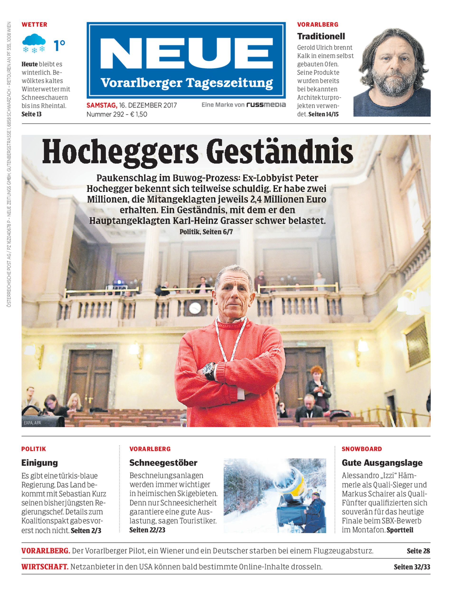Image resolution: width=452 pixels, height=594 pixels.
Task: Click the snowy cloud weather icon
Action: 34,43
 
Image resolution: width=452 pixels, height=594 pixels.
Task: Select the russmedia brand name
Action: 266,105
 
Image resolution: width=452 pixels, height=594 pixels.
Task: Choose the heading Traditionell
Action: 321,36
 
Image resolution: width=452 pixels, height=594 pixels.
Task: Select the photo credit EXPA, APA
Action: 32,422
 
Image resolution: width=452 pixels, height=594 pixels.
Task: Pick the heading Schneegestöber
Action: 163,463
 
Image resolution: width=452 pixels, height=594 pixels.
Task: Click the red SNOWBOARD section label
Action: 362,449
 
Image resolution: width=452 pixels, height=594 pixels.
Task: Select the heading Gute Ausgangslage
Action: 382,463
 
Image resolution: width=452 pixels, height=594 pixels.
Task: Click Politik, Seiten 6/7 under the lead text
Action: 206,232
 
